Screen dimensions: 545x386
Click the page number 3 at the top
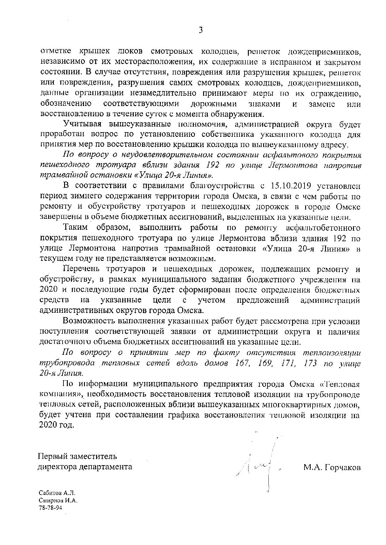click(201, 30)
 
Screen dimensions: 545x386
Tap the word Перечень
click(81, 269)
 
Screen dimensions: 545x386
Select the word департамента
click(106, 467)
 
